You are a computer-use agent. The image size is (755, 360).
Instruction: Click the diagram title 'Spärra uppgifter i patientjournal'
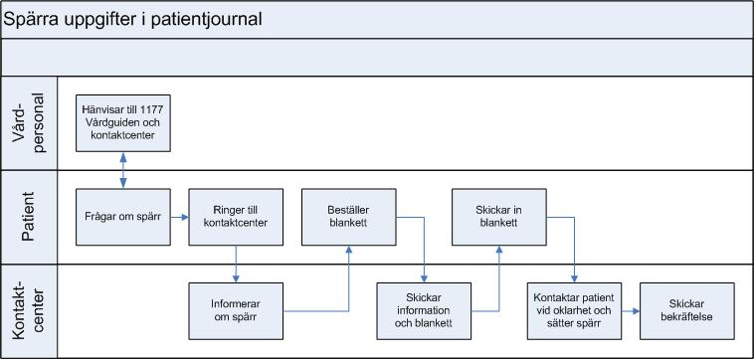(133, 20)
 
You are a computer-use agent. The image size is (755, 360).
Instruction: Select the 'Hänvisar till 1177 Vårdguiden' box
(122, 122)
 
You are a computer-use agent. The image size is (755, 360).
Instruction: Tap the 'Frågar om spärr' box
(122, 217)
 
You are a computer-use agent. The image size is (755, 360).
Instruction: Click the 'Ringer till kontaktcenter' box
(236, 217)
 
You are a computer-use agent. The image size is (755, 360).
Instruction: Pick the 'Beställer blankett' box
(348, 217)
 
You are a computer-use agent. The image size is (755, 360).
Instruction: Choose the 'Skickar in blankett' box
(498, 217)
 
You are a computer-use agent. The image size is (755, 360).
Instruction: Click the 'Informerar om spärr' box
(236, 311)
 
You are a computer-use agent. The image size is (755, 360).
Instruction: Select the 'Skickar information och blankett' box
(424, 311)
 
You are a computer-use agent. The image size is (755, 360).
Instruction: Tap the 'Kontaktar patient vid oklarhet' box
(574, 311)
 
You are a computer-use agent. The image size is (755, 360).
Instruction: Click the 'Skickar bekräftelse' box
(687, 311)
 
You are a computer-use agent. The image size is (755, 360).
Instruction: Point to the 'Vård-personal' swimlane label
(29, 122)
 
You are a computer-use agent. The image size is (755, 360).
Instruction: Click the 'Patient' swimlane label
(29, 217)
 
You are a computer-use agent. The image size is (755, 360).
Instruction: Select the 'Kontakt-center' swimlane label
(29, 311)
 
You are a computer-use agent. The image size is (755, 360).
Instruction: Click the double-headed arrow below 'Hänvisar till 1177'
(122, 170)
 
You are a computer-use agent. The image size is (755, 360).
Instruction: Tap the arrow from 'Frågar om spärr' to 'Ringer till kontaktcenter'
(179, 217)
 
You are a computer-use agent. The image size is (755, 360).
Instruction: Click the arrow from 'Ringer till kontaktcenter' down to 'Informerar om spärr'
(236, 264)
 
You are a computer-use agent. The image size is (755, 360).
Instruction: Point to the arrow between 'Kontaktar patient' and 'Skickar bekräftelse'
(631, 311)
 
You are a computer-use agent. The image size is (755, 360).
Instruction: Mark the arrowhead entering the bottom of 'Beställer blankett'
(348, 250)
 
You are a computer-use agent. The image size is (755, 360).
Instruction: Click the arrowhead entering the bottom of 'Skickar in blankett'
(498, 250)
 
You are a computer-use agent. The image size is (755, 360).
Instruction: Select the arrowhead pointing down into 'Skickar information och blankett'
(424, 278)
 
